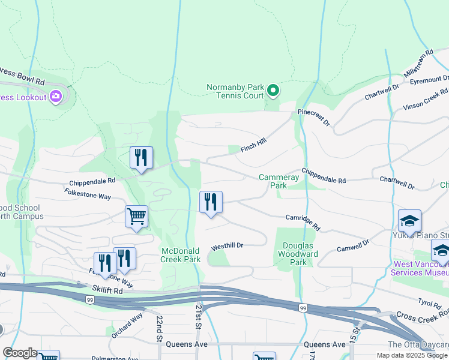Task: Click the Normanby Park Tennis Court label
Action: [235, 91]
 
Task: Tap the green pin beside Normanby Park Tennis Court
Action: [273, 91]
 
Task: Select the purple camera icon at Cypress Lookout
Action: [56, 96]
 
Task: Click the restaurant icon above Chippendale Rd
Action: [141, 158]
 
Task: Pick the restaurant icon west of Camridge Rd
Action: [211, 203]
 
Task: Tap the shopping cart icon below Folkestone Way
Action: [136, 217]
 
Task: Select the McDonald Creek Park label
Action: [180, 255]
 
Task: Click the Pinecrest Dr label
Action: [313, 117]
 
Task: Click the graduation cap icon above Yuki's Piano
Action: [409, 221]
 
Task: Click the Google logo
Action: [20, 353]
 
